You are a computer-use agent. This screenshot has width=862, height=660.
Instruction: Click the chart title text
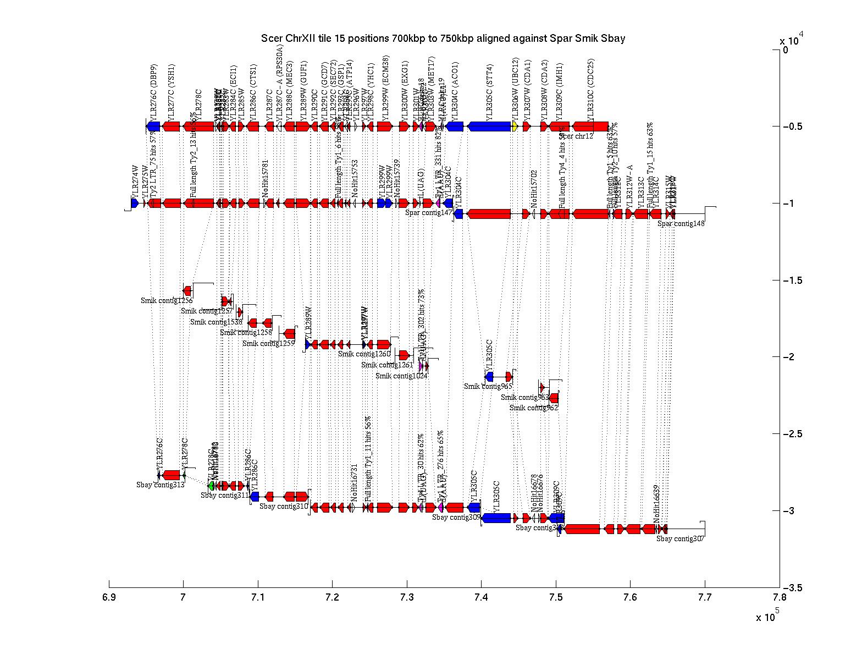pyautogui.click(x=443, y=38)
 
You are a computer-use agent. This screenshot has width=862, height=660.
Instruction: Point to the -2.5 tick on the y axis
pyautogui.click(x=792, y=435)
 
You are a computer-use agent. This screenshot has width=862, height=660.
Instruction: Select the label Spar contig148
pyautogui.click(x=681, y=223)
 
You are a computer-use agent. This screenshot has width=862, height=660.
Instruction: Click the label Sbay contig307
pyautogui.click(x=680, y=539)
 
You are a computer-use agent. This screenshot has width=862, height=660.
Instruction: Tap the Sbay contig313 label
pyautogui.click(x=161, y=485)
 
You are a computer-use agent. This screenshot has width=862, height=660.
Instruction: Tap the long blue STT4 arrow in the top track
pyautogui.click(x=489, y=127)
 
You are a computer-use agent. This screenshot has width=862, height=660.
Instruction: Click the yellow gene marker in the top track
pyautogui.click(x=515, y=127)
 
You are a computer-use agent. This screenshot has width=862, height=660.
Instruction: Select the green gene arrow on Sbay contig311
pyautogui.click(x=211, y=486)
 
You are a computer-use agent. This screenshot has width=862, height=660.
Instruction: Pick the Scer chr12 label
pyautogui.click(x=576, y=136)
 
